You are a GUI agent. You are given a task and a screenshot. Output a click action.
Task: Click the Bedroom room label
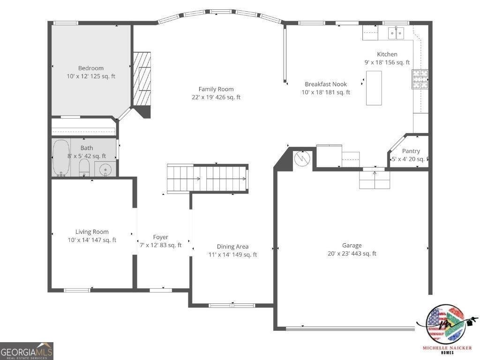91,68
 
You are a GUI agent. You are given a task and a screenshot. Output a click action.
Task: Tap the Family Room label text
216,89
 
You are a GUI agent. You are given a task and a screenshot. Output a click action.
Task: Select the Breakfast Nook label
326,84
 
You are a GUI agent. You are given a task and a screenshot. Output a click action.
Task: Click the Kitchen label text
387,54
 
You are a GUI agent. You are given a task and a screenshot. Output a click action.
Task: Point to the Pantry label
411,151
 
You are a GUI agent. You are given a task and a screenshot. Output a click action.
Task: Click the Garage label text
352,245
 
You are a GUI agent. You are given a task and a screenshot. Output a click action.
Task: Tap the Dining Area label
232,247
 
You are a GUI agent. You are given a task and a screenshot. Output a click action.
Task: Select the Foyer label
160,237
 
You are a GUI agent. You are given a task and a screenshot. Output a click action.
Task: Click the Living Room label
92,232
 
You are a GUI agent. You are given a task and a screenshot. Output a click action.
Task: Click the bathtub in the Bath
60,157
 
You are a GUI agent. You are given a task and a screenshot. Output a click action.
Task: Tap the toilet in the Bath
84,167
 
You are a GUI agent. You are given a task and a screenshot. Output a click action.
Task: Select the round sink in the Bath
104,169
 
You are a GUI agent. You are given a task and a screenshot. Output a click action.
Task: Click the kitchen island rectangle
374,88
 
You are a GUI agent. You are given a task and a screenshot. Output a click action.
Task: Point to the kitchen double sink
396,33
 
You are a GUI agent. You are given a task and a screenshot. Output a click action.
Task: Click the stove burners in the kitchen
420,79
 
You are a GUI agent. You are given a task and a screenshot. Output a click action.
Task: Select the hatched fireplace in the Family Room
142,78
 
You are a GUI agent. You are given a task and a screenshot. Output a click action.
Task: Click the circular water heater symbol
303,158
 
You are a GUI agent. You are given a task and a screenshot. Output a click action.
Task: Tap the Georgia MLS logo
27,351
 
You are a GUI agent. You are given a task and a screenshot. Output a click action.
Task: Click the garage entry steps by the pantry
375,179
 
